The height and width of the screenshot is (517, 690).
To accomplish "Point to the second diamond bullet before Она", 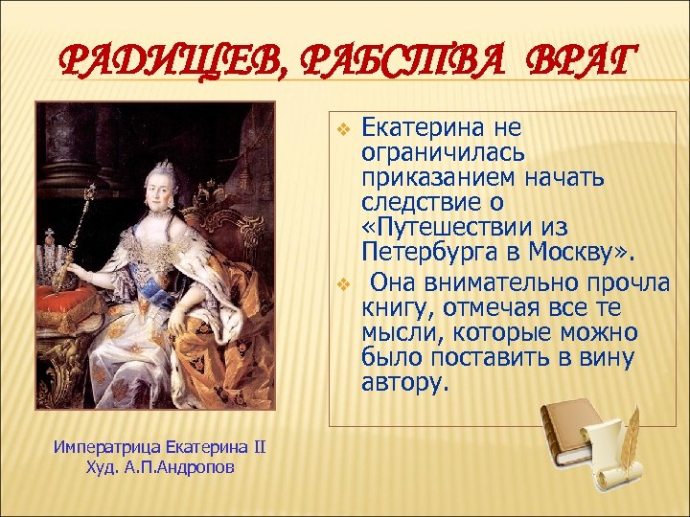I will click(x=347, y=284).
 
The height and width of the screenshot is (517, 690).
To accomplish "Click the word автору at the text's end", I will click(x=403, y=383).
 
